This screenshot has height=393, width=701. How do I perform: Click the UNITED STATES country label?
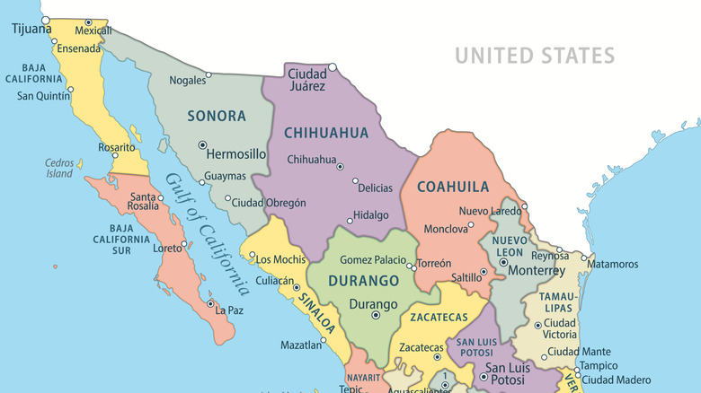click(534, 56)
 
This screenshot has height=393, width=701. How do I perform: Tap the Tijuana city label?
click(31, 30)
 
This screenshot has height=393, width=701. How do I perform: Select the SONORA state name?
click(216, 116)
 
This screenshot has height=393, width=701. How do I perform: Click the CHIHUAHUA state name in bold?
click(326, 133)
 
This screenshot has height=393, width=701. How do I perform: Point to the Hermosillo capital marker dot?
click(202, 144)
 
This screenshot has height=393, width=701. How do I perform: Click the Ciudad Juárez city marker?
click(332, 65)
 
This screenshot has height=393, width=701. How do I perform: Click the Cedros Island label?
click(59, 168)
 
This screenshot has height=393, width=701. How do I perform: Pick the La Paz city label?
click(229, 310)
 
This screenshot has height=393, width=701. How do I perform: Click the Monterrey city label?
click(537, 270)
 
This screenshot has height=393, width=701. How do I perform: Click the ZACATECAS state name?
click(439, 317)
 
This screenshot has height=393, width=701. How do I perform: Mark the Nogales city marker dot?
click(209, 74)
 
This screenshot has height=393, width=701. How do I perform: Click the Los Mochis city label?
click(280, 259)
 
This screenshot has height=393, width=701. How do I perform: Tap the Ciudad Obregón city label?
click(269, 203)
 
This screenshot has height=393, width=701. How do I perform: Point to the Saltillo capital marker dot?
click(483, 271)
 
